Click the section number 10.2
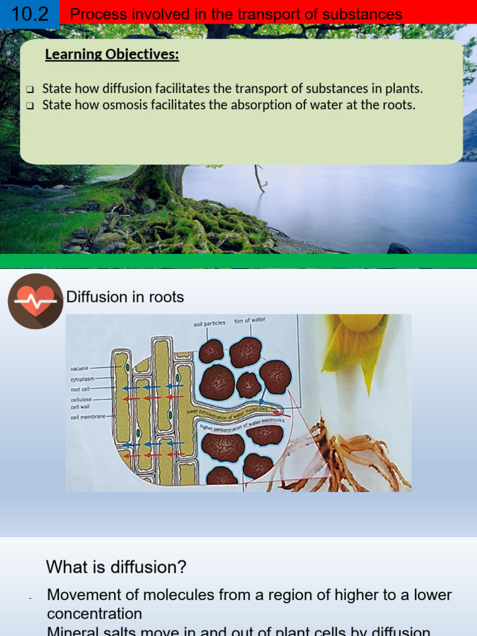(29, 13)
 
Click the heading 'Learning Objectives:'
(112, 55)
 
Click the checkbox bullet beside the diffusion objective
(30, 89)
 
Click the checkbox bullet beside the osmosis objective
(30, 106)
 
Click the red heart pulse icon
(35, 301)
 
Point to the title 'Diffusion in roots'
(125, 298)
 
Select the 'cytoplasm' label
(83, 379)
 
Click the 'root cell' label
(81, 389)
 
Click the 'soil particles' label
(209, 324)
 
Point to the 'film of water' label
(250, 320)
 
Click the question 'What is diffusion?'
(116, 567)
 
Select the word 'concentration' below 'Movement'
(94, 614)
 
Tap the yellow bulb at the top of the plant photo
(360, 322)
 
